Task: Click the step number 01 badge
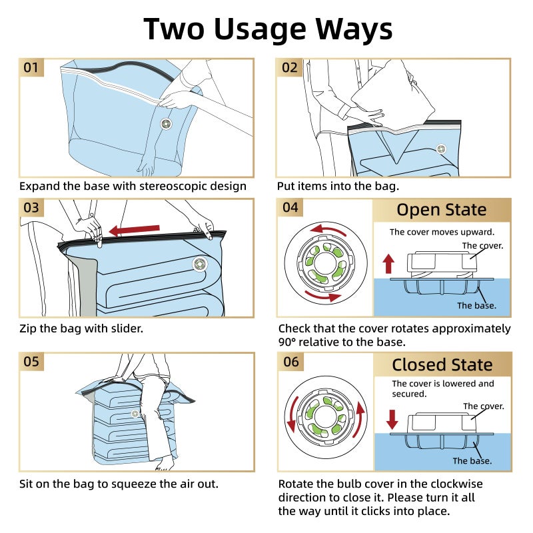coord(31,67)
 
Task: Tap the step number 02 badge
coord(290,67)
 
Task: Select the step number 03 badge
coord(31,207)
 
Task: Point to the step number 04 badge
coord(290,207)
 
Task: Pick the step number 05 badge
coord(31,362)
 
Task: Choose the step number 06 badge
coord(290,362)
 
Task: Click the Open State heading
coord(441,210)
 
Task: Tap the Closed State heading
coord(442,364)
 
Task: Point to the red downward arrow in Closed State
coord(392,418)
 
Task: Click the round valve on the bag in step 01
coord(166,125)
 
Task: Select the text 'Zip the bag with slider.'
coord(81,328)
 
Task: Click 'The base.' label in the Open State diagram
coord(476,306)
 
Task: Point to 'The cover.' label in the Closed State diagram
coord(483,406)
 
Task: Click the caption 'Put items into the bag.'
coord(338,187)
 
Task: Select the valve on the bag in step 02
coord(440,149)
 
